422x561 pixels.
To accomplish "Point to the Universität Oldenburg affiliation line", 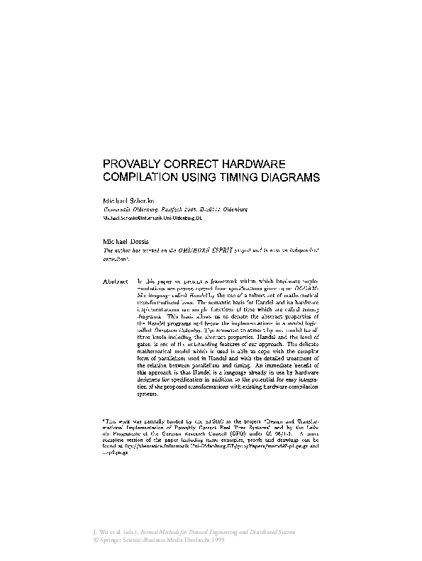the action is pos(174,211).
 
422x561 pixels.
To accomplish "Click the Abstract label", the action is pos(116,281).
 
